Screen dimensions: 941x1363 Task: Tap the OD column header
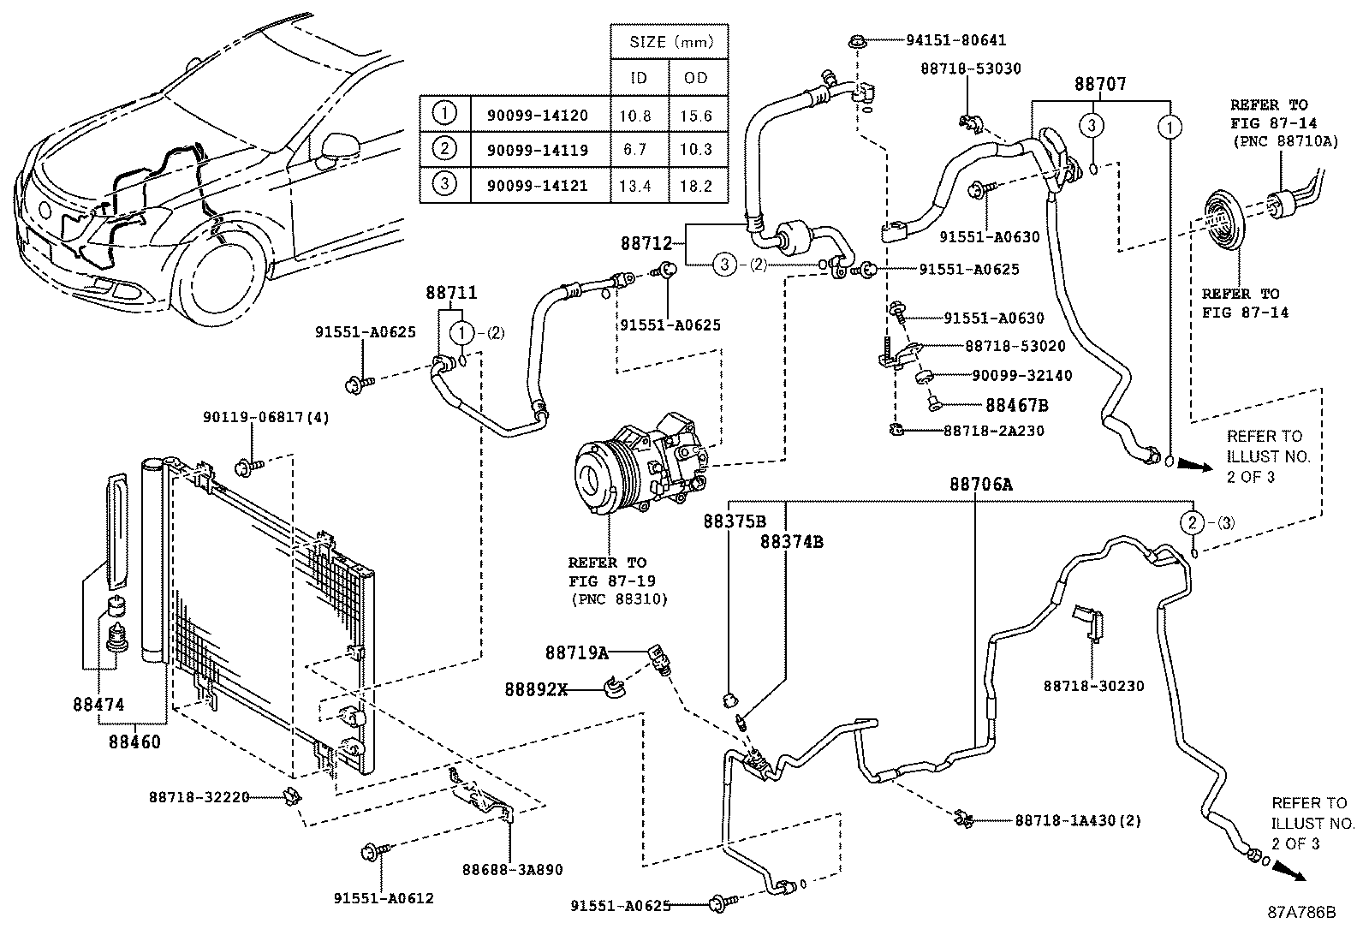696,77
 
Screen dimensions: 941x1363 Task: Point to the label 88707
1100,85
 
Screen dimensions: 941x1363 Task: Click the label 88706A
980,485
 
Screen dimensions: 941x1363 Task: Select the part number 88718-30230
1093,686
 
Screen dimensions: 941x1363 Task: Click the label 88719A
576,652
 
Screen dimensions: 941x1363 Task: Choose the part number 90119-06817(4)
266,417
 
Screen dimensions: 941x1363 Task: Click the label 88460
135,741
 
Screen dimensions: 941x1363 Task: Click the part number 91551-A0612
384,898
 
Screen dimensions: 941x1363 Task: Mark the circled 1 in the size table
444,114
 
